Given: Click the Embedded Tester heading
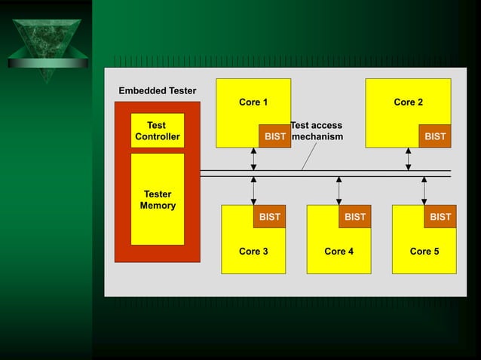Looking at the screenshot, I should (158, 91).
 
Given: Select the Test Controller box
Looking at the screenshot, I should (157, 131).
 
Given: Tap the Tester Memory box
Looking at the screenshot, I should (158, 200).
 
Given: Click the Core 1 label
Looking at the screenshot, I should (253, 102).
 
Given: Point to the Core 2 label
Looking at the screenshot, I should (408, 102).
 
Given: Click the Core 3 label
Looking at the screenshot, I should (253, 252).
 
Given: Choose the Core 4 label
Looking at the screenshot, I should (339, 252).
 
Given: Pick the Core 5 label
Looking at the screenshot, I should (424, 252).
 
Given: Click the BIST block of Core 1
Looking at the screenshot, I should (275, 136).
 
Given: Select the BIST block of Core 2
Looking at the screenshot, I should (435, 136).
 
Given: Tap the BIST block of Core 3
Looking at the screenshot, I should (269, 217).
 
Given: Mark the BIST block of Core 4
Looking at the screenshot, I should (355, 217).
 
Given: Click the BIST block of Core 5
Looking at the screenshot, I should (440, 217).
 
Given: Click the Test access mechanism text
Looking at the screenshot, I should (317, 131).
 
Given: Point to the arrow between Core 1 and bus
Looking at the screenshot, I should (253, 159).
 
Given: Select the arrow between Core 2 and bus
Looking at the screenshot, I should (408, 159).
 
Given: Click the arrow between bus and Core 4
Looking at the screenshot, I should (339, 191).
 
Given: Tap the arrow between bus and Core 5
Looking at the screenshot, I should (424, 191).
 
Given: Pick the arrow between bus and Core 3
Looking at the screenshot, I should (253, 191).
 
